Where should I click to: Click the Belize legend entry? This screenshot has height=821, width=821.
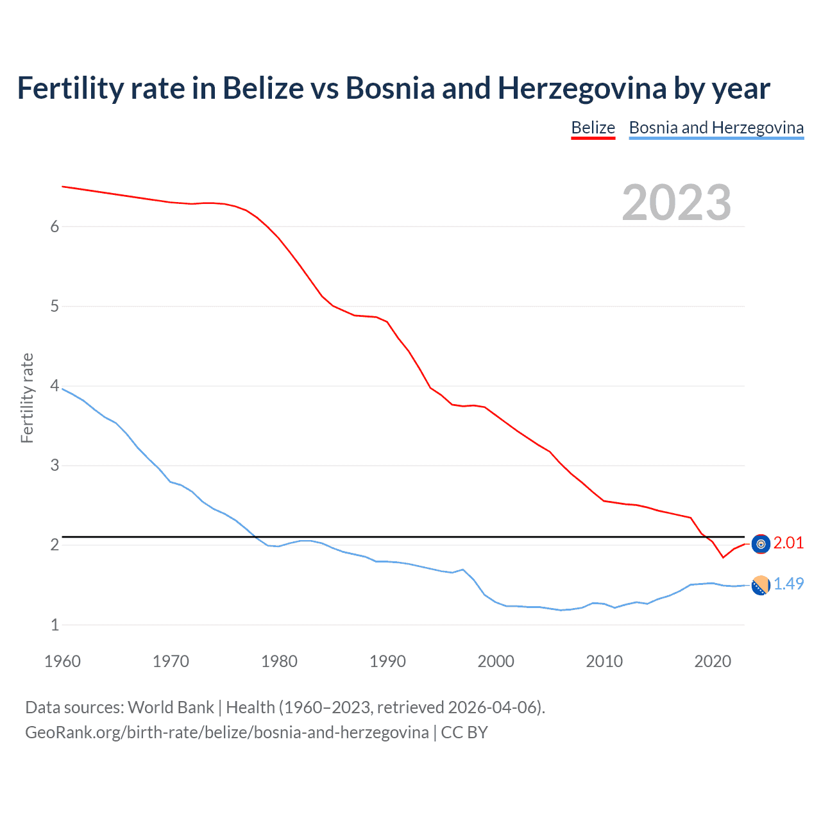click(x=593, y=128)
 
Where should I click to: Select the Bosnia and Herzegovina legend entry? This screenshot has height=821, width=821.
click(x=716, y=128)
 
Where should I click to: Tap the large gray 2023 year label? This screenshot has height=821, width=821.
click(x=676, y=203)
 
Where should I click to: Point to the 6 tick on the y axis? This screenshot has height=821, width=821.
click(x=55, y=226)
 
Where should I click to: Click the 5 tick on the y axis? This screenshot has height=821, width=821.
click(x=55, y=306)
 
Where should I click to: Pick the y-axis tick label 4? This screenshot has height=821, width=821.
click(x=55, y=385)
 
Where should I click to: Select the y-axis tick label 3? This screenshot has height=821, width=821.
click(x=55, y=465)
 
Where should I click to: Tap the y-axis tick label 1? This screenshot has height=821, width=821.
click(x=55, y=624)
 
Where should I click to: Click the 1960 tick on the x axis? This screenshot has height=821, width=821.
click(x=62, y=661)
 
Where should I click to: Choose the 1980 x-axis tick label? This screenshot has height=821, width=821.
click(x=279, y=661)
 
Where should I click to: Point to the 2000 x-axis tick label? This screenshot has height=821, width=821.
click(x=496, y=661)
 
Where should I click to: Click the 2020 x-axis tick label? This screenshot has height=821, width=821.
click(x=713, y=661)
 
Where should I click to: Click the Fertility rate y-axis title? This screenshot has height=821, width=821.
click(x=27, y=398)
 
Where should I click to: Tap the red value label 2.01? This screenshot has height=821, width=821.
click(x=788, y=543)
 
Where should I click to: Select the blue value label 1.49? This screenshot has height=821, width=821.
click(x=788, y=584)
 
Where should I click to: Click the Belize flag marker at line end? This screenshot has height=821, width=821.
click(x=761, y=544)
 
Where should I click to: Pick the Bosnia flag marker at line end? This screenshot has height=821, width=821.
click(x=761, y=586)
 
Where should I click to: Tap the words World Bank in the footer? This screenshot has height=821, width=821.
click(x=171, y=707)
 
